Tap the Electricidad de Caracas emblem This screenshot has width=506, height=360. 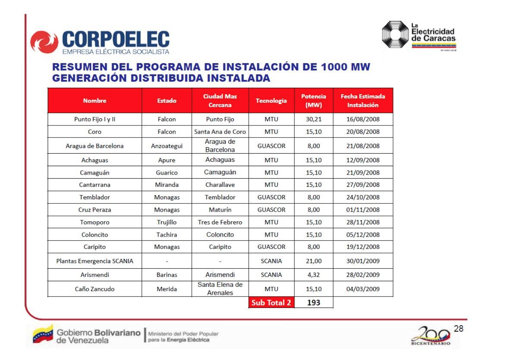(395, 35)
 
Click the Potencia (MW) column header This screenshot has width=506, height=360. (314, 101)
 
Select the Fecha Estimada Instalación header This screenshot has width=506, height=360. (363, 101)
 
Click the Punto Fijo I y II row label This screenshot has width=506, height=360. (95, 119)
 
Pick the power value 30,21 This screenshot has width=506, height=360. (314, 119)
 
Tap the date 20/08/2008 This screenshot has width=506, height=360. (363, 132)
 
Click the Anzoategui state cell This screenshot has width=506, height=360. (167, 146)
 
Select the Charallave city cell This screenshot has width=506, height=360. (220, 185)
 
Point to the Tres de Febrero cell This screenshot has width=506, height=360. (220, 222)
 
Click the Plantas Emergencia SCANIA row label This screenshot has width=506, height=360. (95, 261)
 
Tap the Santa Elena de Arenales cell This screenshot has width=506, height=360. (220, 289)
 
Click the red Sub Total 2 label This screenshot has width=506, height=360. (271, 303)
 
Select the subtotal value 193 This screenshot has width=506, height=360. (314, 303)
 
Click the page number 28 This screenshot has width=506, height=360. (459, 329)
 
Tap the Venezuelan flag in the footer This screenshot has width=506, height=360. (43, 335)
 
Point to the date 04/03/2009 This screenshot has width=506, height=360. (363, 289)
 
